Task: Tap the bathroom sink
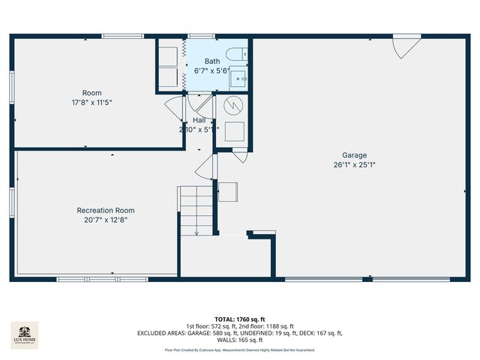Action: [238, 78]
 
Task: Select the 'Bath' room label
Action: [212, 61]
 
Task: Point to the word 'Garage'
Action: [355, 154]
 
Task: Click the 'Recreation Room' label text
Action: [106, 210]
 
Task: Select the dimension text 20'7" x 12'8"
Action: [106, 220]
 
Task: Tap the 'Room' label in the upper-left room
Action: [92, 93]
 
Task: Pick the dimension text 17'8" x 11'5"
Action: [92, 102]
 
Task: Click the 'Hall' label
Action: [199, 120]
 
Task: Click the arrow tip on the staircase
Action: [196, 234]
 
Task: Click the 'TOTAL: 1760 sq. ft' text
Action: [240, 319]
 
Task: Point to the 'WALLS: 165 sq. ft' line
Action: [240, 339]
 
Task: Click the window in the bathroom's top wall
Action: [199, 35]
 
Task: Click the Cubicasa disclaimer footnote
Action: [240, 349]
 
